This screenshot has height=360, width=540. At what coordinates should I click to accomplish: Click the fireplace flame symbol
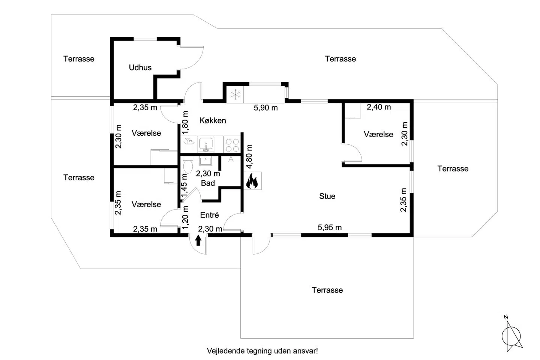pyautogui.click(x=252, y=181)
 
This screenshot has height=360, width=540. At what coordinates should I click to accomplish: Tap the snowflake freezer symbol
pyautogui.click(x=235, y=94)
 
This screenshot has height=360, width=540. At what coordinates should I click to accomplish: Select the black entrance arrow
pyautogui.click(x=198, y=240)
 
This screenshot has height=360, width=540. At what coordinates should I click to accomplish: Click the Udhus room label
pyautogui.click(x=140, y=67)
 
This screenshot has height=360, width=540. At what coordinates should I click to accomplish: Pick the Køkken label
pyautogui.click(x=213, y=121)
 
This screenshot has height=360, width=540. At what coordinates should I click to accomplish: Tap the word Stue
pyautogui.click(x=327, y=196)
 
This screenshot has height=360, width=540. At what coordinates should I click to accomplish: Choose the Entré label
pyautogui.click(x=210, y=215)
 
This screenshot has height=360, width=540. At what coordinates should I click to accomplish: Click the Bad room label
pyautogui.click(x=208, y=183)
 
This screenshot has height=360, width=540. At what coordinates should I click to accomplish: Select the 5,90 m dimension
pyautogui.click(x=265, y=108)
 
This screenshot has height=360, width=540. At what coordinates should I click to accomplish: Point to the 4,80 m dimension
pyautogui.click(x=249, y=156)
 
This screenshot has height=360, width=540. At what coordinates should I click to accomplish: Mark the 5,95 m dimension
pyautogui.click(x=330, y=227)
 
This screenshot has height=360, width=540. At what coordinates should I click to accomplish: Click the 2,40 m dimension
pyautogui.click(x=379, y=107)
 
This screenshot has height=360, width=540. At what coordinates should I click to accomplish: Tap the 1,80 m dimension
pyautogui.click(x=185, y=123)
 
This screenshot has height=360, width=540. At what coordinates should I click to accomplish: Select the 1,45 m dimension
pyautogui.click(x=184, y=185)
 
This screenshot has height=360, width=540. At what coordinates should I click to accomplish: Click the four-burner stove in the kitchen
pyautogui.click(x=232, y=145)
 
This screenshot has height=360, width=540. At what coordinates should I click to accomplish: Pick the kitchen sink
pyautogui.click(x=205, y=144)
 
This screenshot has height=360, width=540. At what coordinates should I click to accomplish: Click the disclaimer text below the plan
pyautogui.click(x=262, y=351)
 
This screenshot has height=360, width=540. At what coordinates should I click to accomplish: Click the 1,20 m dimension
pyautogui.click(x=185, y=217)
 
